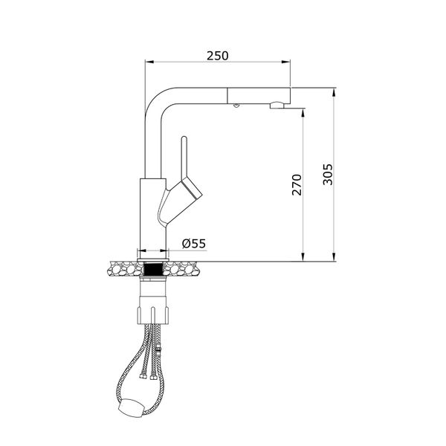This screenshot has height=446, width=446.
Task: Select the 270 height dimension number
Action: pos(297,184)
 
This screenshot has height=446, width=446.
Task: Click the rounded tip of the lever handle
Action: pos(184,140)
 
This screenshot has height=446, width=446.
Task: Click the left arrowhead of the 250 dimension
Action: pos(145,62)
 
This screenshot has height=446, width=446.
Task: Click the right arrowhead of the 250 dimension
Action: pos(286,62)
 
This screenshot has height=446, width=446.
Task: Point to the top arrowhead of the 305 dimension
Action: pos(334,92)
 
